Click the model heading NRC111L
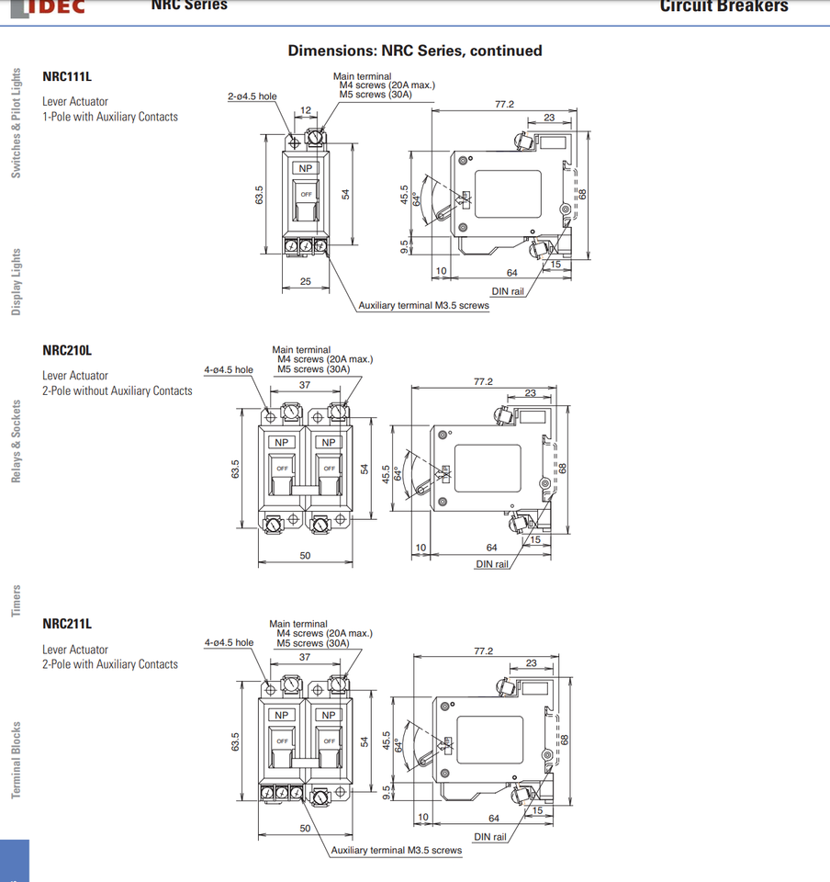pos(67,77)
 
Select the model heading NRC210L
pos(67,350)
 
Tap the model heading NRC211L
pos(67,624)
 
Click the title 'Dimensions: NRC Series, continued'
pos(415,51)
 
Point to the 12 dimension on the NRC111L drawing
pos(306,110)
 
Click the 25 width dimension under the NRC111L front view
pos(306,281)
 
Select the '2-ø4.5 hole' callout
pos(252,96)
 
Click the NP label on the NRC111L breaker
pos(306,169)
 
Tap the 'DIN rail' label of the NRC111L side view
pos(508,291)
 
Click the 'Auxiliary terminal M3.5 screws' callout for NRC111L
pos(423,305)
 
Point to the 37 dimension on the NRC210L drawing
pos(305,385)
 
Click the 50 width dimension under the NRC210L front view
pos(305,555)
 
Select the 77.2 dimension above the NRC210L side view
pos(483,381)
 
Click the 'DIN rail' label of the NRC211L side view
pos(489,837)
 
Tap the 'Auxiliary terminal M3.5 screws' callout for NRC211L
pos(397,850)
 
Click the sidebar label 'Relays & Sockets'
pos(17,441)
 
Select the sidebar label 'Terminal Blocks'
pos(17,760)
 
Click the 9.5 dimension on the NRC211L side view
pos(387,792)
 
